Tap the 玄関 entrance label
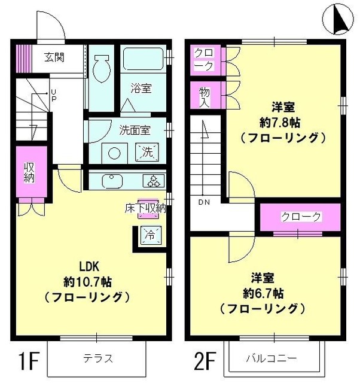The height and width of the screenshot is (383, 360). (x=54, y=58)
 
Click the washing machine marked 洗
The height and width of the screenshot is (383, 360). (x=147, y=151)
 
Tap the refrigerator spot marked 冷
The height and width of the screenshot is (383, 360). (x=150, y=235)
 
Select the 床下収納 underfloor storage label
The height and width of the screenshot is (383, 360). (x=145, y=208)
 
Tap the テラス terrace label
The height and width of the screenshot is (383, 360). (x=98, y=359)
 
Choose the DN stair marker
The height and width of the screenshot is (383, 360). (x=203, y=202)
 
